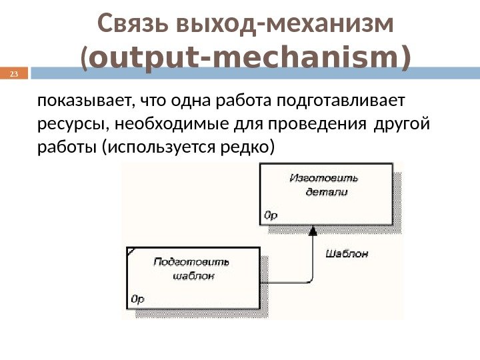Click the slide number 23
[13, 74]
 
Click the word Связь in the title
[131, 25]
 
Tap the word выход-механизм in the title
[283, 25]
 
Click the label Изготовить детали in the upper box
[325, 185]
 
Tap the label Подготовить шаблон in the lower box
[191, 267]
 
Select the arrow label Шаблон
[347, 253]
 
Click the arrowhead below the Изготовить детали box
[312, 230]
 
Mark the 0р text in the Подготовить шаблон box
[137, 299]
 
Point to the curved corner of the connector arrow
[309, 279]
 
